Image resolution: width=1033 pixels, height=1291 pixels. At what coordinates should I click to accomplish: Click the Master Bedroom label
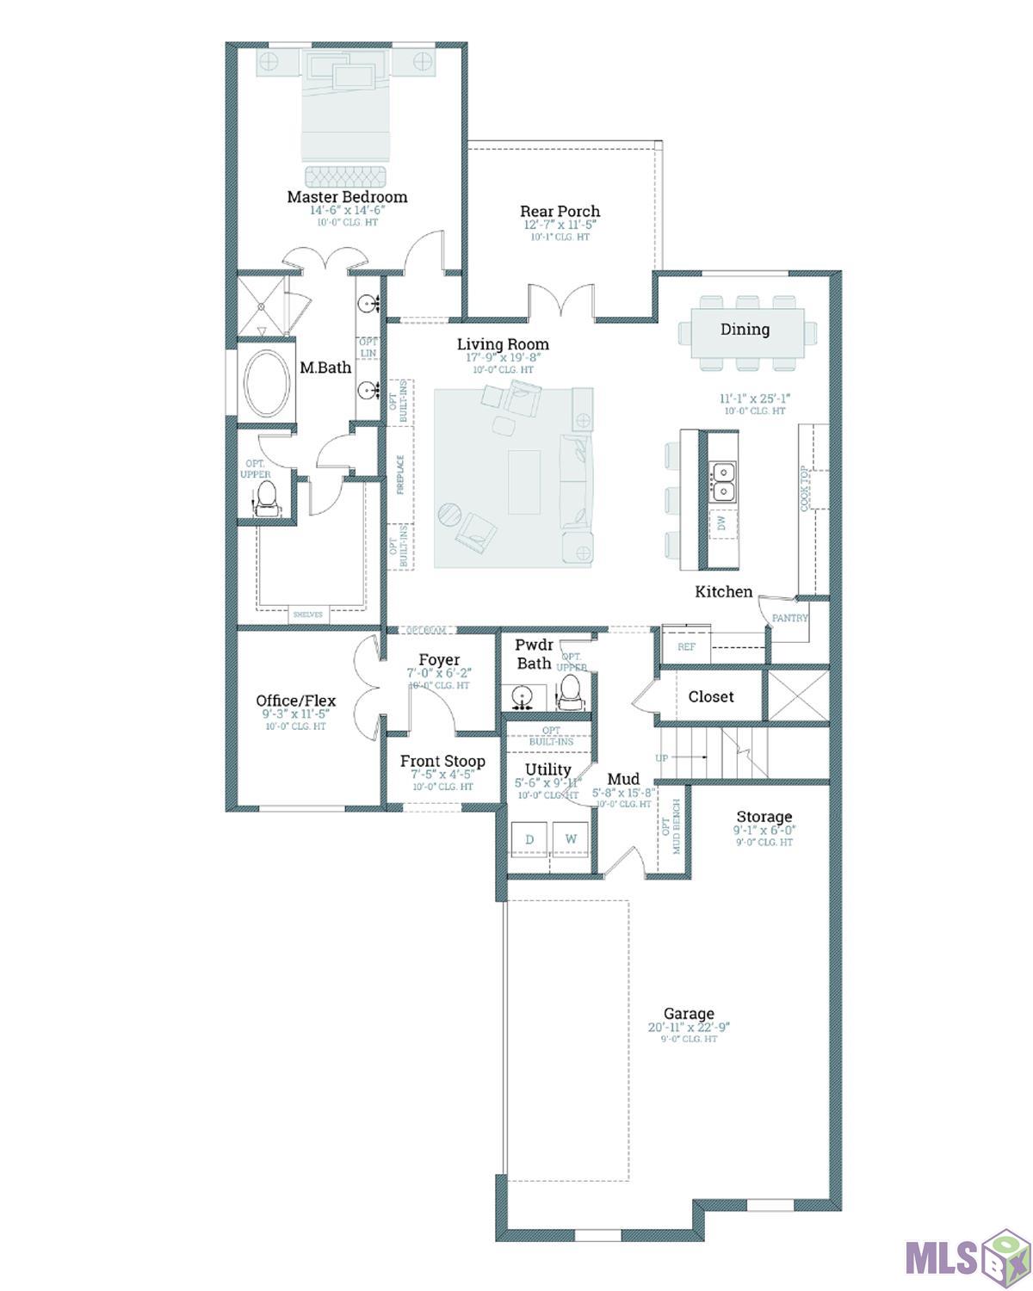tap(347, 197)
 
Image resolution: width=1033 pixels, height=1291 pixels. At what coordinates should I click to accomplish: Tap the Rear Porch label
tap(560, 212)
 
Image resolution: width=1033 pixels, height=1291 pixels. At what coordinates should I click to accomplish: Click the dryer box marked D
tap(529, 839)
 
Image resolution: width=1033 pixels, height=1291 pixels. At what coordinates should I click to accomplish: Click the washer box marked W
tap(570, 839)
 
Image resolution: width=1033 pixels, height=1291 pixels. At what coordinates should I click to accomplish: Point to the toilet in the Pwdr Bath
tap(570, 690)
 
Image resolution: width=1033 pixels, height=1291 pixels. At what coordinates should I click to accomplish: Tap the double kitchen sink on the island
tap(723, 481)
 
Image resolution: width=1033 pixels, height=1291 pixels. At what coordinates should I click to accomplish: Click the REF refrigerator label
tap(686, 646)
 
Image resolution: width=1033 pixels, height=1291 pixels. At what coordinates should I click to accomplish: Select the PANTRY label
tap(789, 618)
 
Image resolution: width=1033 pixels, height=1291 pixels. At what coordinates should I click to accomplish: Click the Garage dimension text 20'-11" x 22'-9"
tap(689, 1028)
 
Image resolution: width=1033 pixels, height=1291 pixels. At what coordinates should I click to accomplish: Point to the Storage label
tap(764, 817)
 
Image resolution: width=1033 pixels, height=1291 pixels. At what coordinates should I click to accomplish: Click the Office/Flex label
tap(295, 701)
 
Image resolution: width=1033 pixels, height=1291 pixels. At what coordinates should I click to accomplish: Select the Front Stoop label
tap(442, 762)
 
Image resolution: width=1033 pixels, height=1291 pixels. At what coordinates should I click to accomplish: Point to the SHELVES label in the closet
tap(307, 615)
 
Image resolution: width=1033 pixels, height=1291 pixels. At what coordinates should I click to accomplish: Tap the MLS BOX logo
tap(963, 1257)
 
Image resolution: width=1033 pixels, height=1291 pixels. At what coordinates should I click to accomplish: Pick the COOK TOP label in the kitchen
tap(806, 489)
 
